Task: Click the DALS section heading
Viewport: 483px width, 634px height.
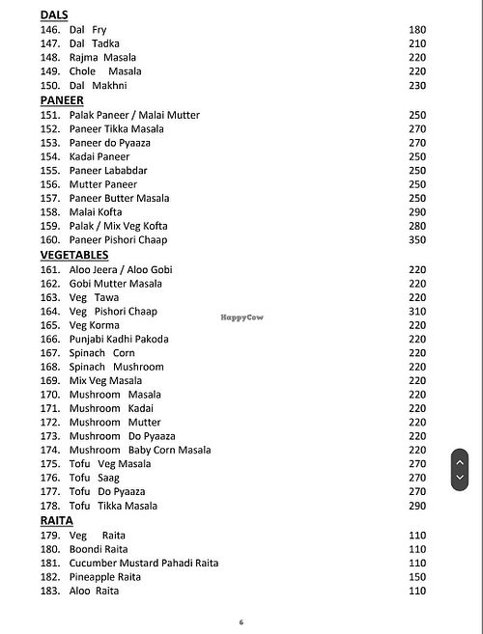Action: click(54, 15)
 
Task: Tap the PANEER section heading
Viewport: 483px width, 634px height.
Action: click(62, 100)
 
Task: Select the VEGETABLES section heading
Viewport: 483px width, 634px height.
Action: click(73, 255)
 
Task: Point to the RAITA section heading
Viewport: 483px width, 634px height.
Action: click(56, 520)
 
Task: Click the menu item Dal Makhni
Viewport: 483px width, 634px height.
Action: click(98, 86)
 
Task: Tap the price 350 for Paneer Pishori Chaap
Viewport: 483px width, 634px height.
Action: click(416, 240)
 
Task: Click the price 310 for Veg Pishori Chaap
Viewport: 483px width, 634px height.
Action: click(416, 312)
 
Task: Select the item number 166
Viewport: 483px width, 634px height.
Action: click(50, 340)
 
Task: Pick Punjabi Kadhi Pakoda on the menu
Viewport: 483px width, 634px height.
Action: click(119, 340)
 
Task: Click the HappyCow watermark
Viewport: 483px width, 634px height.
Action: click(242, 317)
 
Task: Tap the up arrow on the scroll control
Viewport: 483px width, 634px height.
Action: click(460, 461)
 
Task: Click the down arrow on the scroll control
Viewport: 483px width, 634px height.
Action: click(460, 479)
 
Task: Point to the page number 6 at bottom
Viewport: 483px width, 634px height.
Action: click(241, 622)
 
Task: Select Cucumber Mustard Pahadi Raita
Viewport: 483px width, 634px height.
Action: click(144, 563)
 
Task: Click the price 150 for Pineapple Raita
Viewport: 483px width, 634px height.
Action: click(416, 577)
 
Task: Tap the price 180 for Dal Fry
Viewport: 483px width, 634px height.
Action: click(416, 30)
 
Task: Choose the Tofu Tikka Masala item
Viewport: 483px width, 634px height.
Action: click(113, 507)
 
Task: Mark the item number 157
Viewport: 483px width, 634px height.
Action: click(50, 199)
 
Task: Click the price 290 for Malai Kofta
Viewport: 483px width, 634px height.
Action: click(416, 212)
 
